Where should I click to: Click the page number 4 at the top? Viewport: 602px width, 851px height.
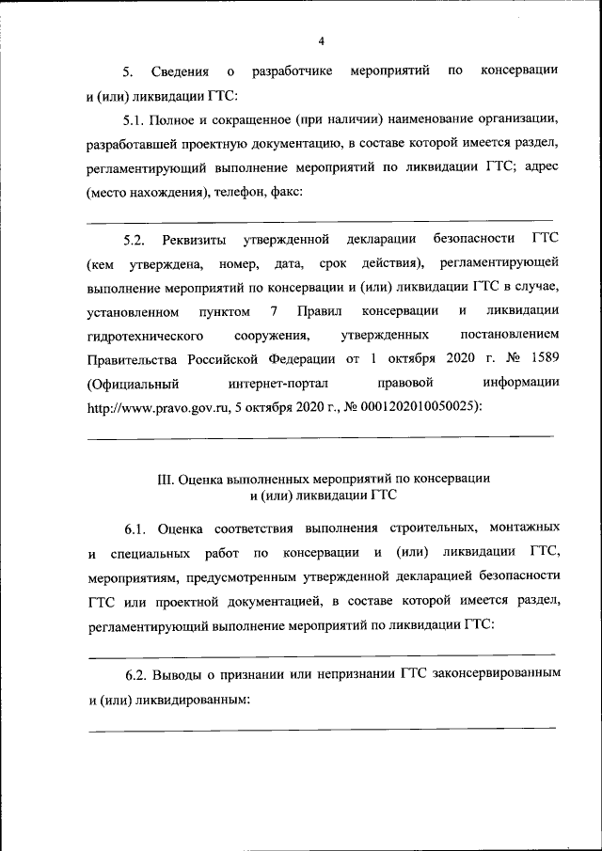[x=321, y=41]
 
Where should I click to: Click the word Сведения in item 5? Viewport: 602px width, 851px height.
[x=184, y=71]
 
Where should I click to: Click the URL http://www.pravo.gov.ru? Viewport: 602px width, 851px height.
[x=157, y=408]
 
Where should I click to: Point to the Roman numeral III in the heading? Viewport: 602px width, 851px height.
[x=166, y=477]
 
